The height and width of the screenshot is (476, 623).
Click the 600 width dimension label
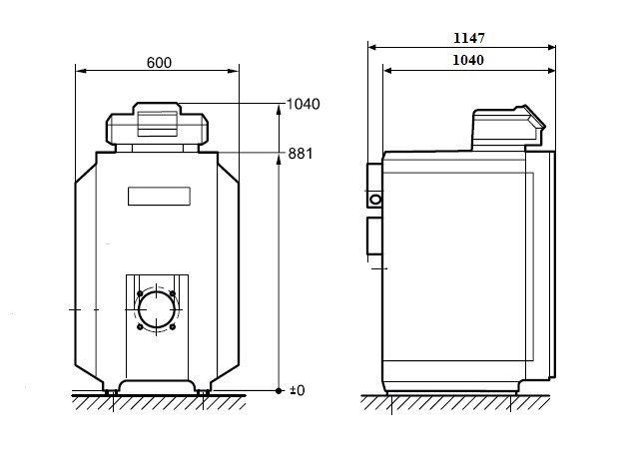159,63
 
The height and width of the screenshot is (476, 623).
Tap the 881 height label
301,154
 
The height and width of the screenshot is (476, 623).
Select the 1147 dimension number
469,38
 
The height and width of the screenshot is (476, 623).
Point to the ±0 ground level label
298,390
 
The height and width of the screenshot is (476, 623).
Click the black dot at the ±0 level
279,391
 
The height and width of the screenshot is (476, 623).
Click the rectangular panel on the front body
159,197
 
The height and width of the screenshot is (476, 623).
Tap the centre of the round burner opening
157,310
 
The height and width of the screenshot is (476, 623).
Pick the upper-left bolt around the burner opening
140,293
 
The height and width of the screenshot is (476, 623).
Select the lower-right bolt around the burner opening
173,326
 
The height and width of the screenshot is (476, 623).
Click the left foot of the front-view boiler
111,392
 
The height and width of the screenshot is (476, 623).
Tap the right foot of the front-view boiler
203,392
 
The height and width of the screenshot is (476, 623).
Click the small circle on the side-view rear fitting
375,200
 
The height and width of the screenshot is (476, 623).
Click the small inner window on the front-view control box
158,124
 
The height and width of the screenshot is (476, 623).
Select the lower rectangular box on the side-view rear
374,236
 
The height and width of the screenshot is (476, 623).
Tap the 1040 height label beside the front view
304,104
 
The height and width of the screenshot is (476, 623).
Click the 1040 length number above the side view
468,60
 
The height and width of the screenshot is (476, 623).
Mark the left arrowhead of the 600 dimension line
81,71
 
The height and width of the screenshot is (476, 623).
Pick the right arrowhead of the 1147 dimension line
551,48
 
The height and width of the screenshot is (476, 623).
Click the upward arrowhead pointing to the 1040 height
279,110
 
